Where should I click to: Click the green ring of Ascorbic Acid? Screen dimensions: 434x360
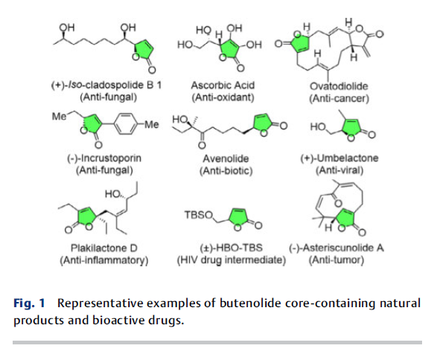tap(229, 49)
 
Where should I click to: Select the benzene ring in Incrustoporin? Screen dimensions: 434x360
tap(126, 124)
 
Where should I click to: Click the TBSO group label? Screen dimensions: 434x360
tap(199, 215)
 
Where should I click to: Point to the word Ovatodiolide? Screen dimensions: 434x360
tap(339, 86)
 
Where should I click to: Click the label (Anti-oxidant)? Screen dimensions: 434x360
tap(223, 97)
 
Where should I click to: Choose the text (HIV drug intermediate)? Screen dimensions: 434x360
tap(232, 260)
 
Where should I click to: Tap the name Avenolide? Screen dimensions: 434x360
tap(226, 158)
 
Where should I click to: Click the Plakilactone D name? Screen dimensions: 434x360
tap(104, 248)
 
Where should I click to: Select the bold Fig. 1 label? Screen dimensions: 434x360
tap(29, 303)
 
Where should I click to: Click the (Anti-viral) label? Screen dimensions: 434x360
tap(339, 170)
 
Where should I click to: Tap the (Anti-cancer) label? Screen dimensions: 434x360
tap(339, 98)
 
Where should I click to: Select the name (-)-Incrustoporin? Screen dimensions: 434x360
tap(104, 158)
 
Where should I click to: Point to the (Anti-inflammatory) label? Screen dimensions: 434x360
tap(104, 260)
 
